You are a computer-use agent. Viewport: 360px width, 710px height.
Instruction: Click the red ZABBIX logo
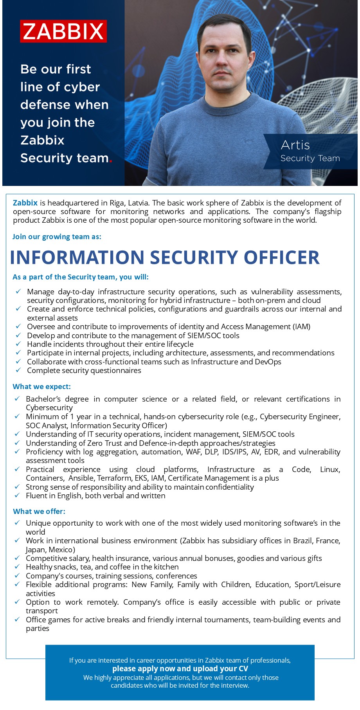click(x=63, y=31)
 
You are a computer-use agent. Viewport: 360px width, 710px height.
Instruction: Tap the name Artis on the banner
click(x=295, y=145)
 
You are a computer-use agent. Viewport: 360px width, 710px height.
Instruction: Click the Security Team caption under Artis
click(x=310, y=158)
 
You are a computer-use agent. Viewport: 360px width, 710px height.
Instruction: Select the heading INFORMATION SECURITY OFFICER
click(x=165, y=257)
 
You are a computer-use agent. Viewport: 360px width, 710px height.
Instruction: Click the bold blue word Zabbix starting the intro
click(x=25, y=203)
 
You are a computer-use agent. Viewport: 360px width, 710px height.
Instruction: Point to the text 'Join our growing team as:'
click(x=57, y=236)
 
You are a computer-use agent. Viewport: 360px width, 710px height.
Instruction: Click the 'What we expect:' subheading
click(x=41, y=386)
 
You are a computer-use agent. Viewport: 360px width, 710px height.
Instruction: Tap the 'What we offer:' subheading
click(x=39, y=511)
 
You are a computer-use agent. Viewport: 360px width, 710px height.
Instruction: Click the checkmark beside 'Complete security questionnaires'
click(x=18, y=370)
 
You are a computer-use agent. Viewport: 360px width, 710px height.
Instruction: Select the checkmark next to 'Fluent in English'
click(x=17, y=495)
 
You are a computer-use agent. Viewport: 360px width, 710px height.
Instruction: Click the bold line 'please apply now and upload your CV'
click(x=180, y=669)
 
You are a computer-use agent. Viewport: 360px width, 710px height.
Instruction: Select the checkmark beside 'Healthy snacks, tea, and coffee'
click(x=17, y=566)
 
